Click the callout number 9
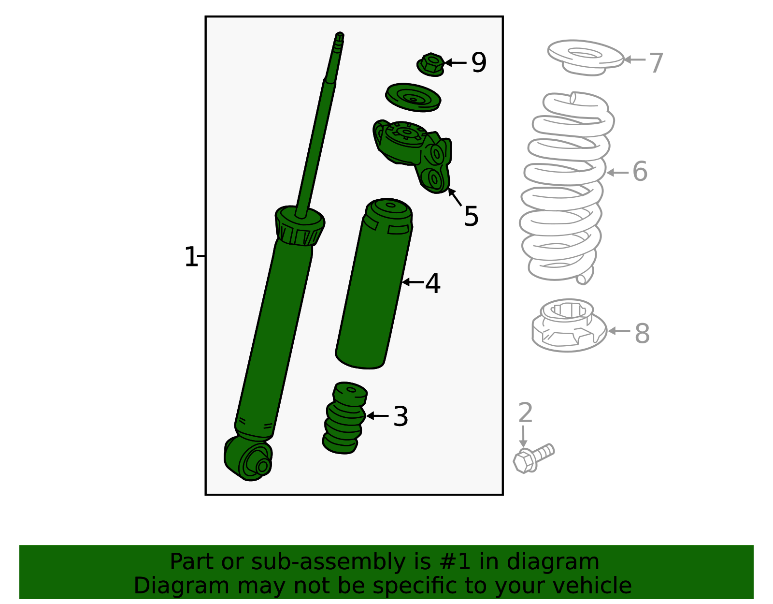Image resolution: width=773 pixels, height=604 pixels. (x=478, y=62)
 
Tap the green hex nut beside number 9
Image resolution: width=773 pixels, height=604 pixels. (x=430, y=64)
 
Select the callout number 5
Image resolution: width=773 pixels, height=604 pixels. (x=471, y=216)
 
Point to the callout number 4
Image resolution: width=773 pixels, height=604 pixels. (x=432, y=283)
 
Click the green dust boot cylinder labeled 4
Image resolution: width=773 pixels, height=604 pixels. (x=373, y=284)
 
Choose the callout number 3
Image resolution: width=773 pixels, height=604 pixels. (x=401, y=416)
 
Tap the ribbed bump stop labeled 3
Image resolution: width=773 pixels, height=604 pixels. (x=344, y=418)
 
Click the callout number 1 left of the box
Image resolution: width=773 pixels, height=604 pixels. (x=191, y=257)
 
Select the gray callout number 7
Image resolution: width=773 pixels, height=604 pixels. (x=656, y=63)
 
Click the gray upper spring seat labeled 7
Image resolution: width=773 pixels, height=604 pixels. (x=586, y=58)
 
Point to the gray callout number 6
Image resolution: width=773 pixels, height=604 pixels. (x=640, y=171)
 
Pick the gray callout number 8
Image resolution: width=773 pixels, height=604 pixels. (x=642, y=334)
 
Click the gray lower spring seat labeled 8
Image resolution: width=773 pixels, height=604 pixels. (x=569, y=325)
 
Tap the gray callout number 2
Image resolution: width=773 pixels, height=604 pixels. (x=526, y=412)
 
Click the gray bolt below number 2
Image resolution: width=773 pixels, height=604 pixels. (x=533, y=459)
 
